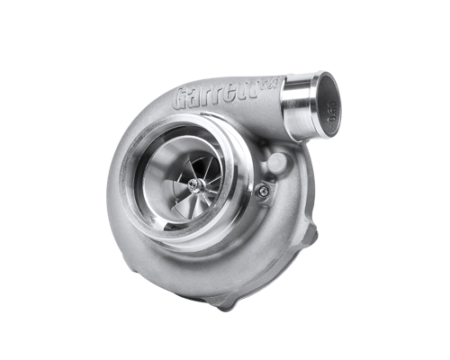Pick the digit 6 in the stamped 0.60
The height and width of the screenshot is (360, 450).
pos(330,116)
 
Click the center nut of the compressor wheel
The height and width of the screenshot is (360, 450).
pos(194,184)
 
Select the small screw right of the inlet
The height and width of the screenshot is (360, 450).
pos(262,189)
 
